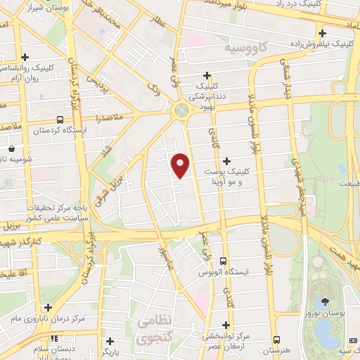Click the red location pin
click(181, 165)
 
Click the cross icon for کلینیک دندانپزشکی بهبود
click(207, 75)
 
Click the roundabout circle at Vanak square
click(181, 110)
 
